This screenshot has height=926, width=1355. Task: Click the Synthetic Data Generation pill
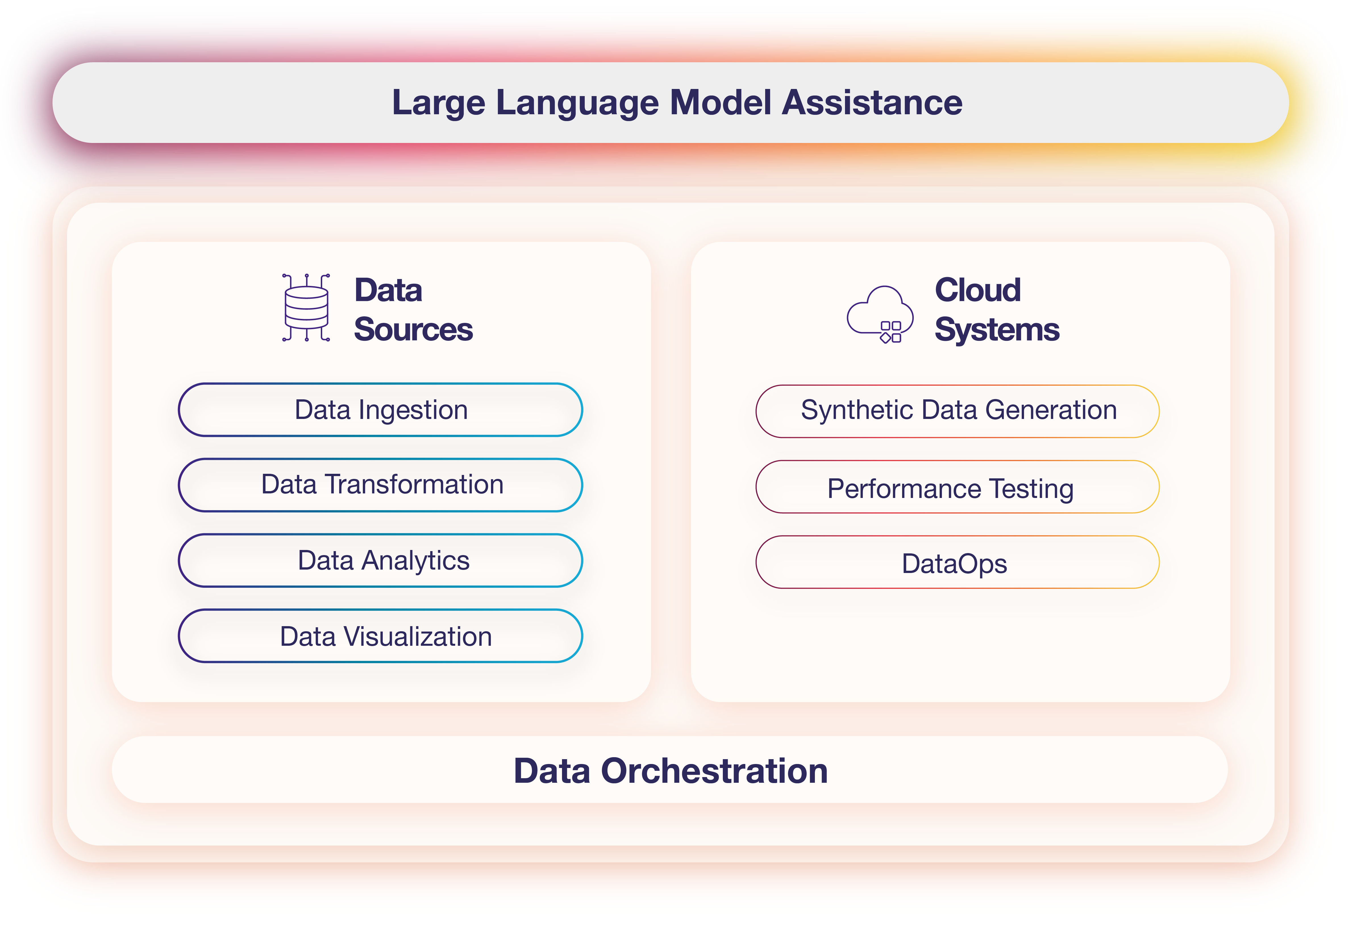[x=957, y=411]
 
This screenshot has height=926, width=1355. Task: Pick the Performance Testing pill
[x=957, y=487]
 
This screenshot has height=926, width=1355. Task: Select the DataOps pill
[x=957, y=562]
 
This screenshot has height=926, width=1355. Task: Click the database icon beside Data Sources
[x=306, y=307]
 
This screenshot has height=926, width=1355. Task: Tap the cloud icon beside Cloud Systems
[x=881, y=314]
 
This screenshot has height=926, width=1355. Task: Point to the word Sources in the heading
[x=413, y=329]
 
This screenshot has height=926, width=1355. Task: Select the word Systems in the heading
[x=997, y=330]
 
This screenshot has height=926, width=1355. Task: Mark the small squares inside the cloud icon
[x=891, y=332]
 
